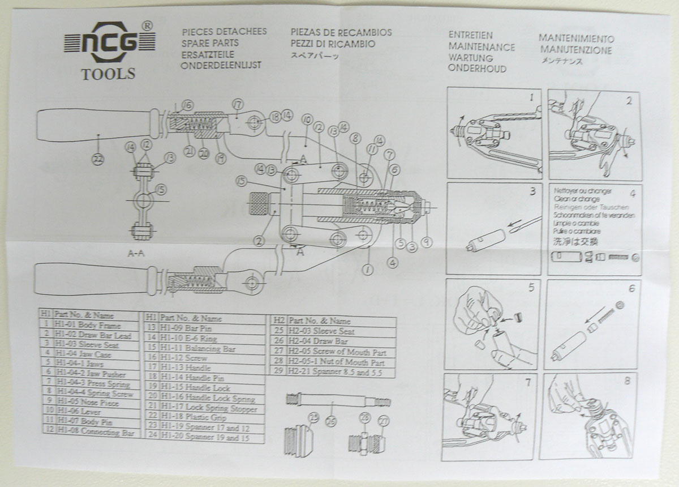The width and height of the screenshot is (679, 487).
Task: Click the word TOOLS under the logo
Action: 108,74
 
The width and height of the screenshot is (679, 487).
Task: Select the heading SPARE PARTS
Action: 210,43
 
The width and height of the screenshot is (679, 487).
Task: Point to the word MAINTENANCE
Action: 481,46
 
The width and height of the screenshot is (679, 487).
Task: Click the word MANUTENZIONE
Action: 575,50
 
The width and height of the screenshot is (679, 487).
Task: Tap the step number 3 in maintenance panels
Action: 532,191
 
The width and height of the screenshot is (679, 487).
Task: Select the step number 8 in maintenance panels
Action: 626,381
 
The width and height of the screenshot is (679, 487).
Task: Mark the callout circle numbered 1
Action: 368,270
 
